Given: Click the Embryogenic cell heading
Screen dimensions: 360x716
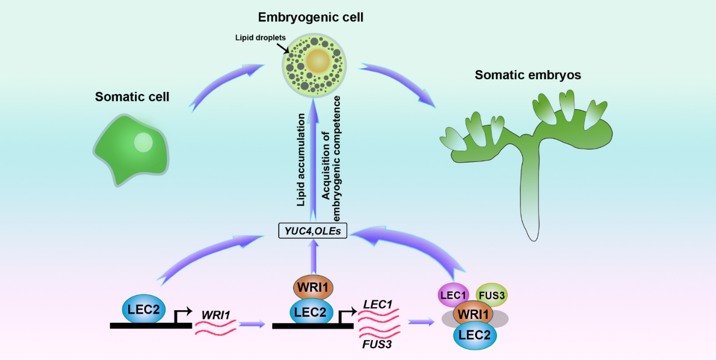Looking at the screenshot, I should (x=311, y=17).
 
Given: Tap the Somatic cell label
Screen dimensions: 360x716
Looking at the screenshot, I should (x=132, y=96).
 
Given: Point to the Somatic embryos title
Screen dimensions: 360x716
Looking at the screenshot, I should (x=528, y=75).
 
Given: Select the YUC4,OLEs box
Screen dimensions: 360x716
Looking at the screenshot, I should (x=313, y=232).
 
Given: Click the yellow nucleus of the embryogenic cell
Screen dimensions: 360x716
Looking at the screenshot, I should (x=318, y=61).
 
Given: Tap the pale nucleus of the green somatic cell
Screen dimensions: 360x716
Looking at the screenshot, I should (x=143, y=142).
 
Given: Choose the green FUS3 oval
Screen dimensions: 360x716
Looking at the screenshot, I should (x=492, y=295).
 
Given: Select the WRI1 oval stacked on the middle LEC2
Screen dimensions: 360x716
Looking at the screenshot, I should (x=313, y=287).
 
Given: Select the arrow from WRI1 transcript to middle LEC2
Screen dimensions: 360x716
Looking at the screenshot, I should (x=252, y=323).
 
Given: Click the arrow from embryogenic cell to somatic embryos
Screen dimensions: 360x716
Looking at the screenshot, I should (x=399, y=83).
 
